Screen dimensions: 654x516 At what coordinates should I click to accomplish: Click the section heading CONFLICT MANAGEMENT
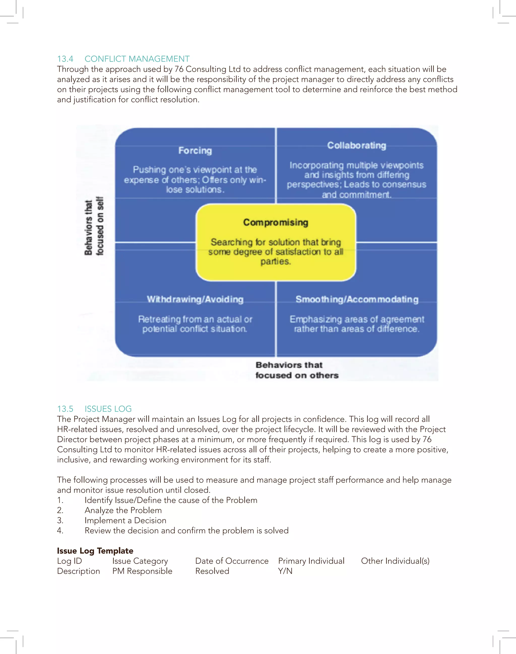137,59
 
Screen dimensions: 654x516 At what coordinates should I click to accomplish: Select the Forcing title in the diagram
195,150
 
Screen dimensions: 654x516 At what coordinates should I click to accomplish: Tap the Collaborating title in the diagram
357,146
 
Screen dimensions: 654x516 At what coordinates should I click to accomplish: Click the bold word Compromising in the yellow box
276,223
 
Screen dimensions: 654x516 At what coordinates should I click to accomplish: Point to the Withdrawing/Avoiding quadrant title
195,299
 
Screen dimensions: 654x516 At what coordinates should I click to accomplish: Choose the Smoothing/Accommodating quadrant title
357,299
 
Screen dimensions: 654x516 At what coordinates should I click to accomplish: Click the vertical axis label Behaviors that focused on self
94,226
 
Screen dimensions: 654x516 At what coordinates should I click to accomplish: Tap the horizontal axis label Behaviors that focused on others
297,370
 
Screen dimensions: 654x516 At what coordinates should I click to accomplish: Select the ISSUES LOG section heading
108,409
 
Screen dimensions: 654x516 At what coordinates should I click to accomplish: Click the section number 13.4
65,59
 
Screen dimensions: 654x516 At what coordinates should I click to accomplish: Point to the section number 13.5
65,409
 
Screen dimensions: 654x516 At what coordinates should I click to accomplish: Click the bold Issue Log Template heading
95,551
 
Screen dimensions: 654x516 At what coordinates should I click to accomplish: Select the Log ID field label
70,561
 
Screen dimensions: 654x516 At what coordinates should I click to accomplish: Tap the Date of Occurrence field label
232,561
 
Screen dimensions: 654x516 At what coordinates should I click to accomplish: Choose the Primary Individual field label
311,561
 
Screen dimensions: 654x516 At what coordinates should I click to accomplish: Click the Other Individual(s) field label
395,561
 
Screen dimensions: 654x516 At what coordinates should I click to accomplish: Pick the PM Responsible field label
142,571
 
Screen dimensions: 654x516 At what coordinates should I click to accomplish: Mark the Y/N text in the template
285,571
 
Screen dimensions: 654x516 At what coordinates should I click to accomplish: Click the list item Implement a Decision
125,521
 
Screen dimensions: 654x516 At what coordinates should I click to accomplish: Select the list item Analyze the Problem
123,510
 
